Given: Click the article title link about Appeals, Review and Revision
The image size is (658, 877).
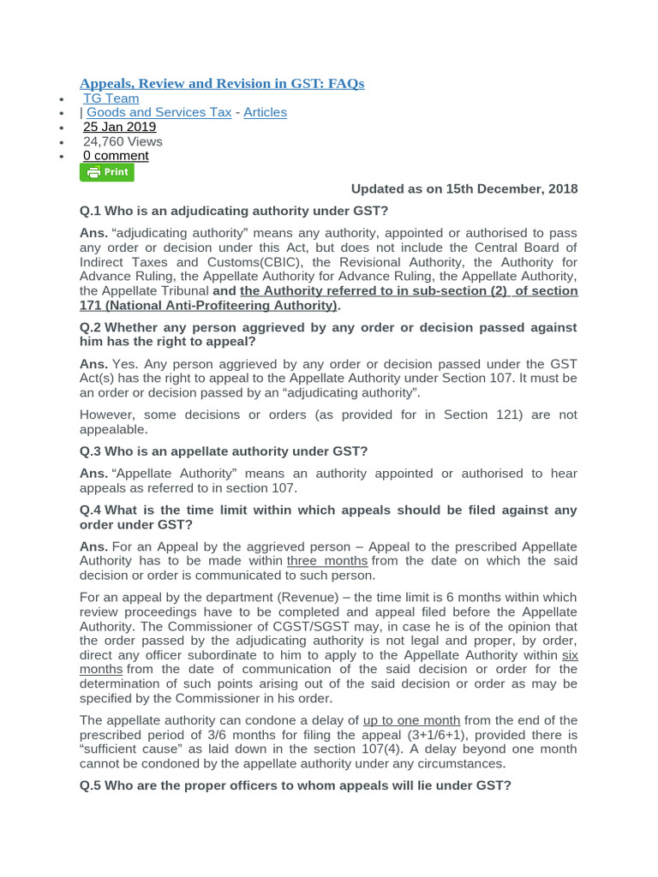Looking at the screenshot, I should click(222, 83).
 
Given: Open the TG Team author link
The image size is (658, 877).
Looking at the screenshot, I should click(111, 98).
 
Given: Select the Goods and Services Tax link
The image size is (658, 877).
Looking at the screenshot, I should click(159, 112).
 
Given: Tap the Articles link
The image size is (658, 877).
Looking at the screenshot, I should click(265, 112).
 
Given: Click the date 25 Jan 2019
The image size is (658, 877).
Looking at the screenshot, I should click(119, 127).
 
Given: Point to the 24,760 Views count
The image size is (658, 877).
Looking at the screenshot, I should click(123, 141).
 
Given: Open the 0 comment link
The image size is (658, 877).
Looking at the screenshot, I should click(116, 156).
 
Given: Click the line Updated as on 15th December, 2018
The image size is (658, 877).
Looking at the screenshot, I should click(464, 188).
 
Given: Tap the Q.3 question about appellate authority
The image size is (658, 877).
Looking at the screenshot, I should click(223, 450).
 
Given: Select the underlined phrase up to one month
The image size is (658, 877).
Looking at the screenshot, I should click(411, 720).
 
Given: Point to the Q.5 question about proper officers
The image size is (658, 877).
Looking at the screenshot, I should click(295, 785).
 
